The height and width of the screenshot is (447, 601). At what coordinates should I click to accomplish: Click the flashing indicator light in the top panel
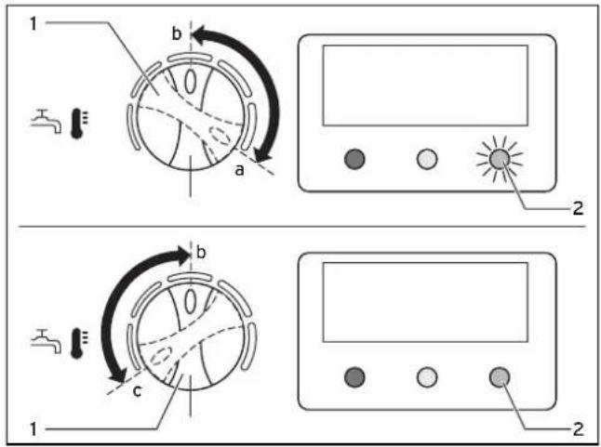[x=500, y=159]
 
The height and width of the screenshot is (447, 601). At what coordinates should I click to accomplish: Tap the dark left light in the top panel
[x=355, y=159]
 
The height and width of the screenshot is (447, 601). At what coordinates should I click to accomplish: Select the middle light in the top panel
[x=427, y=159]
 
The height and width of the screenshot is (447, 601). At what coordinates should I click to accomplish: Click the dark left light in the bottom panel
[x=355, y=377]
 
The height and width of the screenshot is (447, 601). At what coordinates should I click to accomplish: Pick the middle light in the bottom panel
[x=427, y=377]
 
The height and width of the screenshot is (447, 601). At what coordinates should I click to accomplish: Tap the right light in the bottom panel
[x=500, y=377]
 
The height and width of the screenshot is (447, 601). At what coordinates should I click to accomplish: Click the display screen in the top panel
[x=425, y=85]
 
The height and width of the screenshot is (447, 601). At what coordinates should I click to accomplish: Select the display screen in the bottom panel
[x=425, y=302]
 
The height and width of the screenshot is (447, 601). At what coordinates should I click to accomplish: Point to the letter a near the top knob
[x=239, y=170]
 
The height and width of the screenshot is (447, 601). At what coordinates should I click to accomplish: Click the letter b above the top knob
[x=177, y=33]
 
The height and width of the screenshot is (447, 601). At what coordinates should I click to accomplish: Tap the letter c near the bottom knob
[x=137, y=391]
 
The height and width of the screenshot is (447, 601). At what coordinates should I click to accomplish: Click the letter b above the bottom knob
[x=201, y=253]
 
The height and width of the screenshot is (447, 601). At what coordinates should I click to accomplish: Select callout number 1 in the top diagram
[x=33, y=24]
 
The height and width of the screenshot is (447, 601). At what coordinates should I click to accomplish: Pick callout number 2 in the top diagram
[x=578, y=208]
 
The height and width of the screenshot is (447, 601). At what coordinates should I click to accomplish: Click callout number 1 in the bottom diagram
[x=33, y=429]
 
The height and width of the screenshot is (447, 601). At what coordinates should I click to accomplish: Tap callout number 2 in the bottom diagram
[x=578, y=429]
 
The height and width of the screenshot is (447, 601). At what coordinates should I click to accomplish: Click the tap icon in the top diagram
[x=46, y=122]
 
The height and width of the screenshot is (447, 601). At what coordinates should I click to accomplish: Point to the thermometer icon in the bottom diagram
[x=79, y=343]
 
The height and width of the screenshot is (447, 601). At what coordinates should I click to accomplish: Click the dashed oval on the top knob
[x=220, y=136]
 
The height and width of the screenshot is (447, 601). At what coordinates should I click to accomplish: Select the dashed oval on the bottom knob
[x=162, y=356]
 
